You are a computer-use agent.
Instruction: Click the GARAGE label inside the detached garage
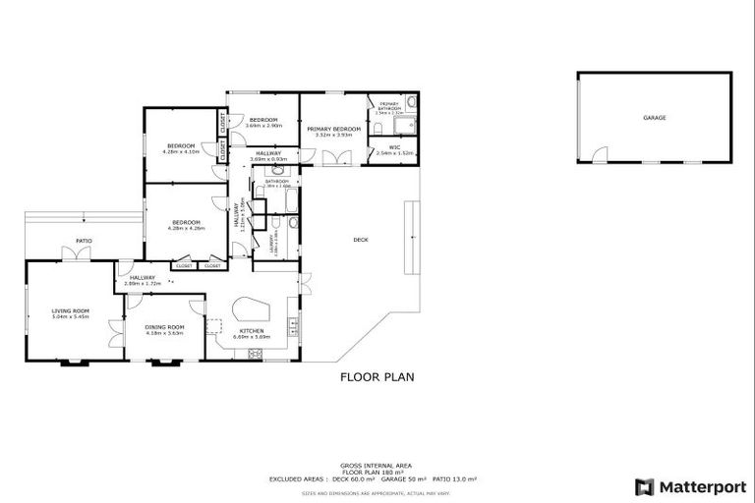[x=655, y=118]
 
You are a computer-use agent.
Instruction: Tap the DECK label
[x=361, y=241]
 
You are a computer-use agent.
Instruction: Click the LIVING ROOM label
[x=71, y=310]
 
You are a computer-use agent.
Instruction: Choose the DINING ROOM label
[x=165, y=327]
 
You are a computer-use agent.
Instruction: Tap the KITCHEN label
[x=250, y=331]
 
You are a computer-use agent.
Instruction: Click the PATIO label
[x=85, y=240]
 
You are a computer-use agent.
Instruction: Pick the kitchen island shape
[x=250, y=311]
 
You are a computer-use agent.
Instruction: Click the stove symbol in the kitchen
[x=256, y=354]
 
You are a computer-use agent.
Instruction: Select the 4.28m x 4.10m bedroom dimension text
[x=181, y=151]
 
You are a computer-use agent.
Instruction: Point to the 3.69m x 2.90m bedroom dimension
[x=263, y=126]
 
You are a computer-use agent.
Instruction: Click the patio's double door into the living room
[x=76, y=254]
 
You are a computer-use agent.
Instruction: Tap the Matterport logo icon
[x=644, y=486]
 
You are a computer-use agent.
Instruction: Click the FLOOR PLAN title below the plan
[x=377, y=376]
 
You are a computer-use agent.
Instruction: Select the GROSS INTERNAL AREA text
[x=377, y=465]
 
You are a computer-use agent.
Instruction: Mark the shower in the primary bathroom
[x=412, y=124]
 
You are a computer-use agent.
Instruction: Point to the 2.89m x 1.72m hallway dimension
[x=143, y=284]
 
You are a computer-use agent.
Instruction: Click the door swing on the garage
[x=600, y=155]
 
